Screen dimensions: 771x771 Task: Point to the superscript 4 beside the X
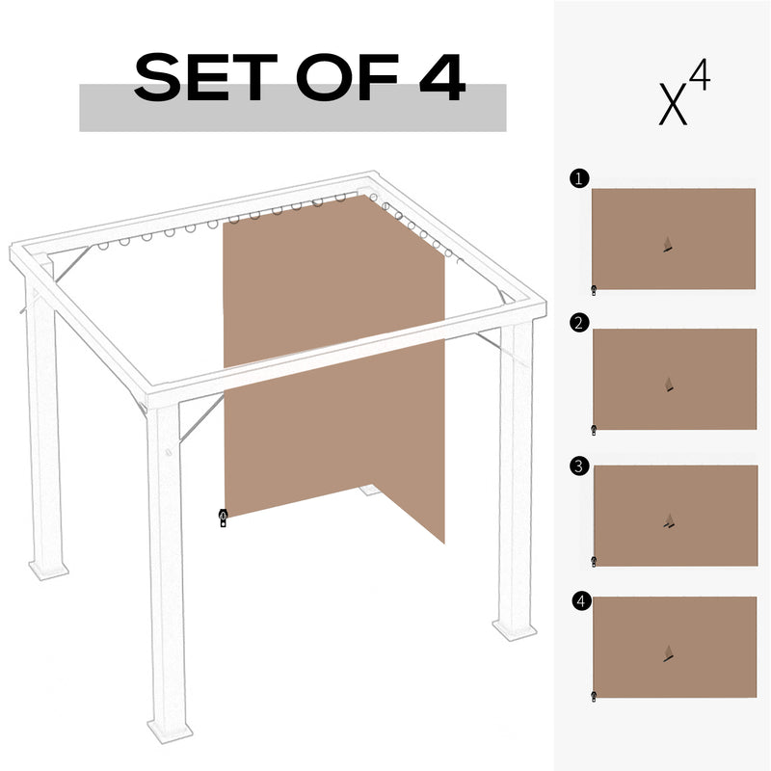[x=700, y=78]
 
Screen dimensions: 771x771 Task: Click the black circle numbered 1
[x=577, y=179]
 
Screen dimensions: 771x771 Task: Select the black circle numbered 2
[x=577, y=323]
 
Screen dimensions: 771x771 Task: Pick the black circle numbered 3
[x=577, y=466]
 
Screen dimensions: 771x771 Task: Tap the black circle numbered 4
[x=578, y=601]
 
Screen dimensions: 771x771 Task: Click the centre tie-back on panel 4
[x=668, y=655]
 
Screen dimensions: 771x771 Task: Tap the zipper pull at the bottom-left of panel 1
[x=594, y=288]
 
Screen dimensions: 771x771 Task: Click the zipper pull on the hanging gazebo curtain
[x=223, y=518]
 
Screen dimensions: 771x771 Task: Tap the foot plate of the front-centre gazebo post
[x=171, y=728]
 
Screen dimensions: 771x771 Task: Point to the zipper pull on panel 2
[x=594, y=429]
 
